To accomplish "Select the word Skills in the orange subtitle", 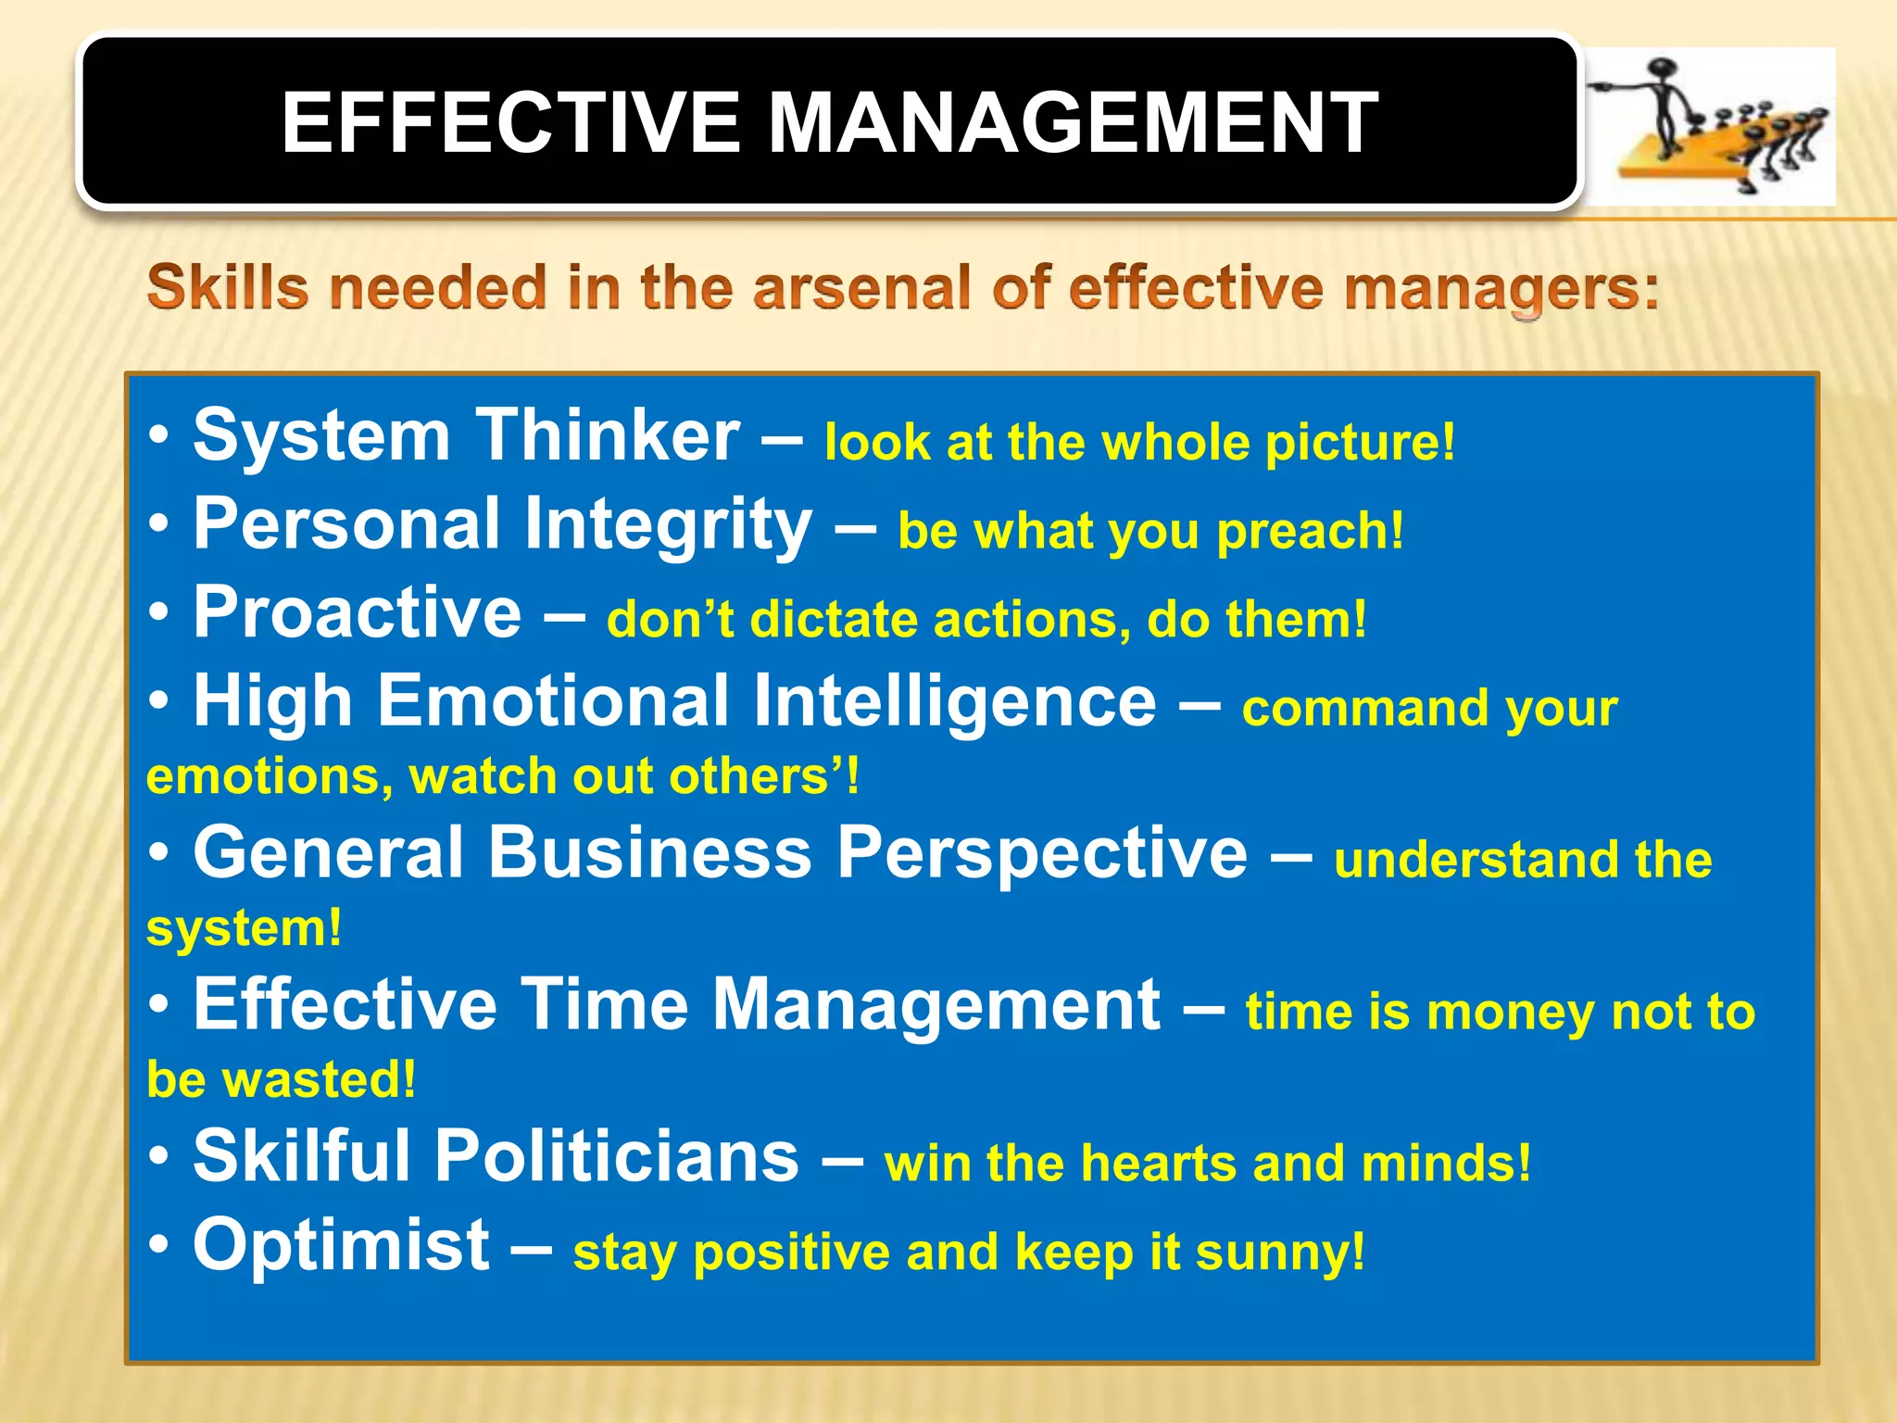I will [x=228, y=287].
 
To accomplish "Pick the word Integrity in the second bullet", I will [x=668, y=523].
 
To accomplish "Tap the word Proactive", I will [x=358, y=612].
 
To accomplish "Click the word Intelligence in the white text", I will [x=954, y=701].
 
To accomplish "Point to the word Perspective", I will [x=1042, y=853].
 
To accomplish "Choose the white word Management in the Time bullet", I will [x=935, y=1004].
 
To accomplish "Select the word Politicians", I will [x=616, y=1156].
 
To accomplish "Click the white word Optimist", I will [x=341, y=1245].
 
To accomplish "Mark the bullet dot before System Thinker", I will [x=159, y=434].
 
